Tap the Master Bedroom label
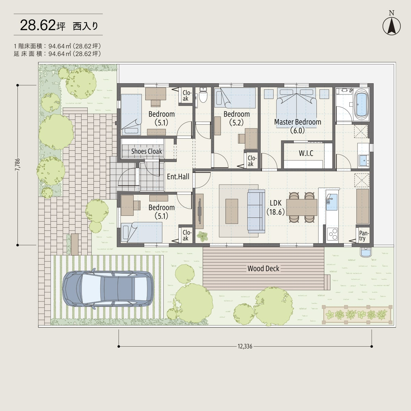click(298, 126)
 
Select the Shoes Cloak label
click(147, 151)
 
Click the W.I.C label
click(306, 153)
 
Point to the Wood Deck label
click(263, 268)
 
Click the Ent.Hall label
click(178, 177)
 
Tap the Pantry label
click(364, 236)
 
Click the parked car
click(108, 289)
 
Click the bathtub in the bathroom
click(361, 104)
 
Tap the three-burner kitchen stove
click(332, 234)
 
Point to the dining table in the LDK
click(302, 207)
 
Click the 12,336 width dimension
click(245, 346)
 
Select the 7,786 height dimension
click(17, 164)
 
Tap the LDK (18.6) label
click(276, 207)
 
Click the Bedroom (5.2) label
click(237, 118)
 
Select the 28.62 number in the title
click(38, 25)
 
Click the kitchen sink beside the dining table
click(332, 202)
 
